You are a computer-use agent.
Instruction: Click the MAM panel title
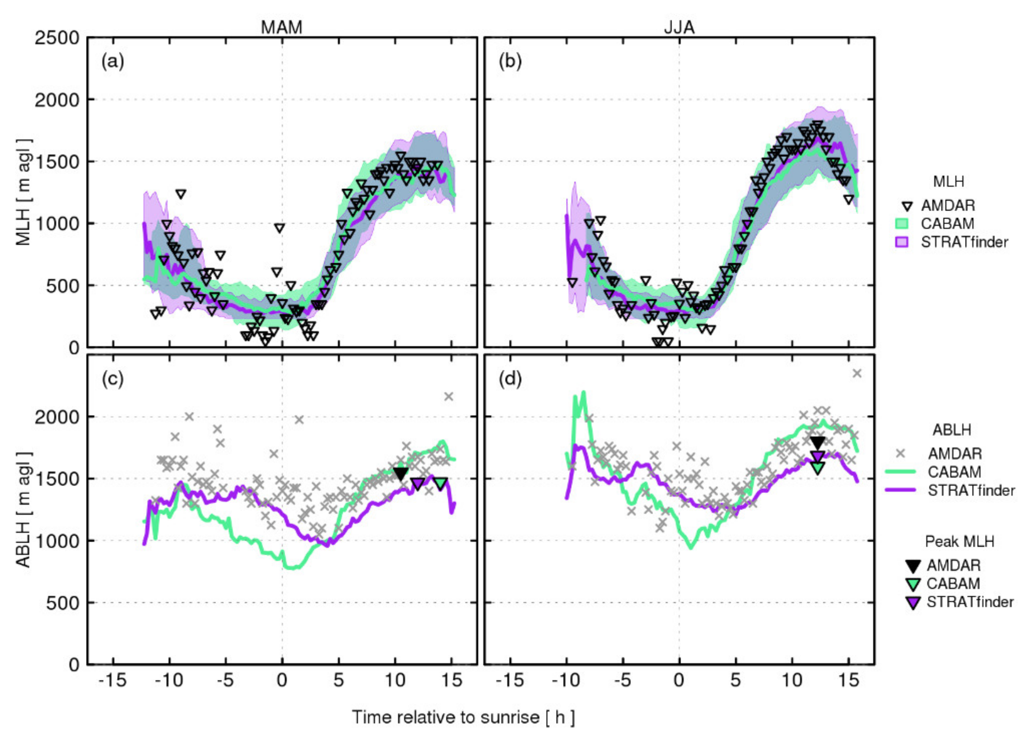281,28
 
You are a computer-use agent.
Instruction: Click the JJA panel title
679,28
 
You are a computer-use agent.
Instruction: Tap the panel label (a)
113,61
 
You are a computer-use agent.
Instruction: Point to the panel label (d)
510,378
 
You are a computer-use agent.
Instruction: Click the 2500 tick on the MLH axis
57,38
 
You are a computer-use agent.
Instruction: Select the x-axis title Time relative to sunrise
463,717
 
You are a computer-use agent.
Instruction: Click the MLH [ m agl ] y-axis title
24,192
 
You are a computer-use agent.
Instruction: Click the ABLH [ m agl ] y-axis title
24,509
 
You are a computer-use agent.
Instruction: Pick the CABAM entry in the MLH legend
948,224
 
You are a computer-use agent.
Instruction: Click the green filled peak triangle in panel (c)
441,483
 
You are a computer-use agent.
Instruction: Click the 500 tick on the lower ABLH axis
63,603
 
